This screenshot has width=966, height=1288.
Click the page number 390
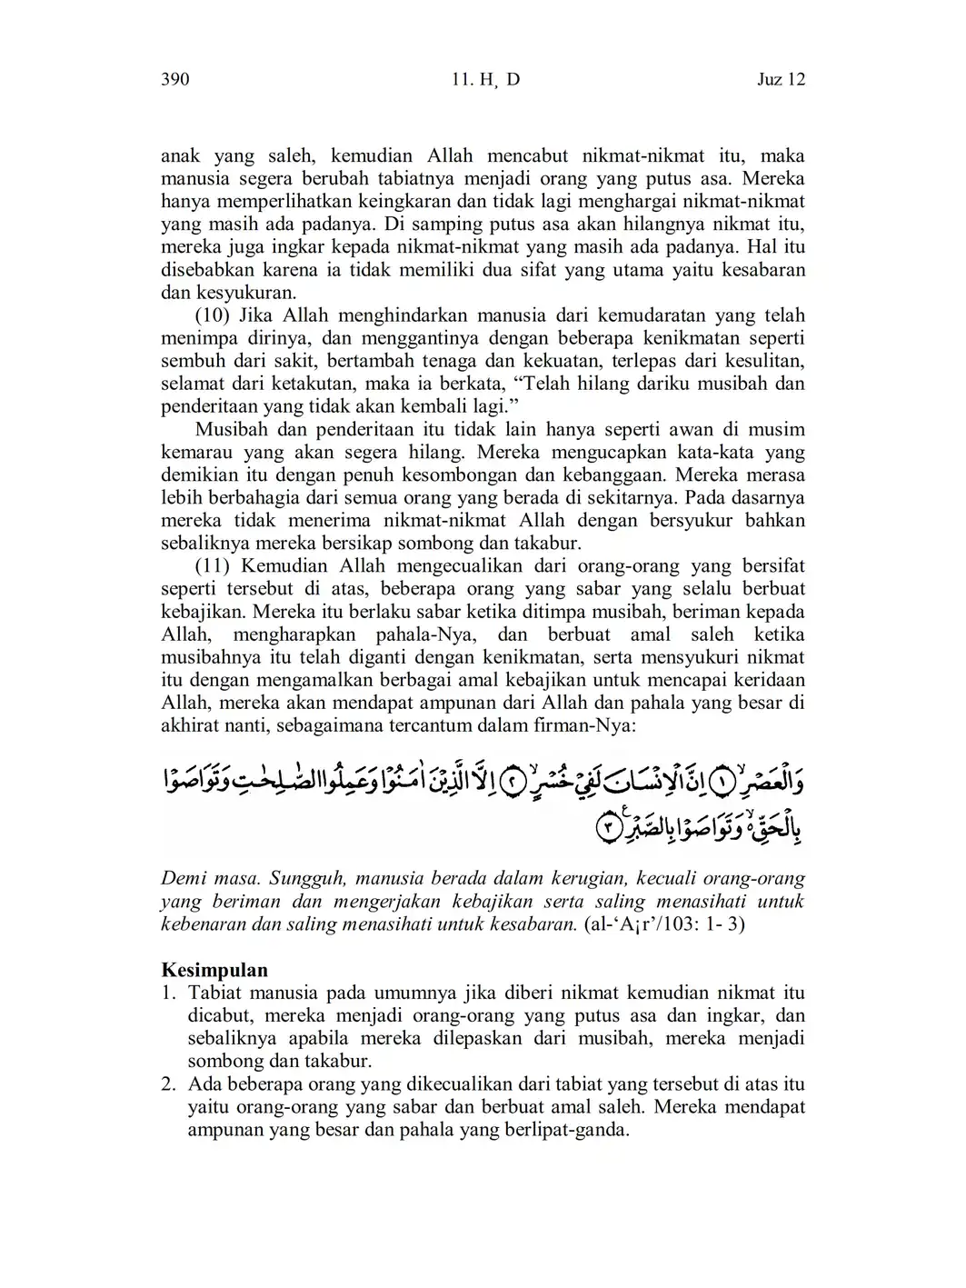tap(174, 80)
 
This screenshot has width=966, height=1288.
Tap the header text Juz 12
tap(781, 80)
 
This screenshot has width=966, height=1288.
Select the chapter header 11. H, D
tap(485, 80)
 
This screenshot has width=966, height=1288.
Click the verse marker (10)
tap(214, 315)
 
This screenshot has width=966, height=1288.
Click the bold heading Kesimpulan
tap(214, 970)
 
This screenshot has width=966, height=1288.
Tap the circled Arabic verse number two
tap(514, 782)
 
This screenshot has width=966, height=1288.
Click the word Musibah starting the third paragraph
tap(229, 429)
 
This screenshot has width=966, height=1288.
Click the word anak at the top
tap(180, 156)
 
